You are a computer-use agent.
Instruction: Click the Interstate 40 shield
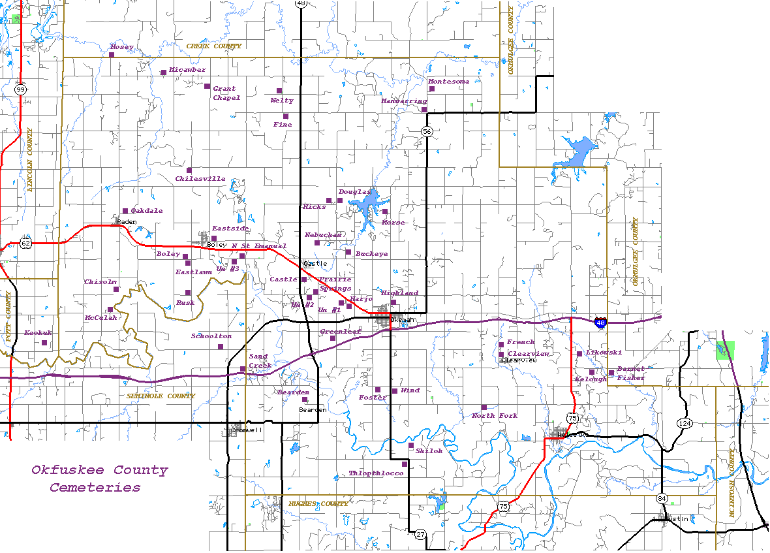[601, 322]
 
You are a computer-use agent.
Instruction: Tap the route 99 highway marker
[21, 89]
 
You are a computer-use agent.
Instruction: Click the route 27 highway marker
[420, 534]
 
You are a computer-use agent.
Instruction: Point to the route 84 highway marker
[662, 498]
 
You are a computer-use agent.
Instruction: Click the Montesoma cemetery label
[448, 82]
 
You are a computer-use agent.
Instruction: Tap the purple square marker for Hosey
[112, 55]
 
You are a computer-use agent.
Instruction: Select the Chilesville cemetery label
[200, 179]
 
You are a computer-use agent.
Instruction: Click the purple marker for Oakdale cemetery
[125, 211]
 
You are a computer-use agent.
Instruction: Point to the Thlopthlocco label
[376, 473]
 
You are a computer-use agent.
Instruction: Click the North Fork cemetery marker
[484, 407]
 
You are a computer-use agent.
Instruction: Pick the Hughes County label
[318, 504]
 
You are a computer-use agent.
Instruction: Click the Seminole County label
[161, 396]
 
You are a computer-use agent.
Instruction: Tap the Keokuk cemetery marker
[44, 343]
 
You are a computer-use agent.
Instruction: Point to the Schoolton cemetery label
[211, 336]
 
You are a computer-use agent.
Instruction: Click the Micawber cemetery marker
[163, 72]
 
